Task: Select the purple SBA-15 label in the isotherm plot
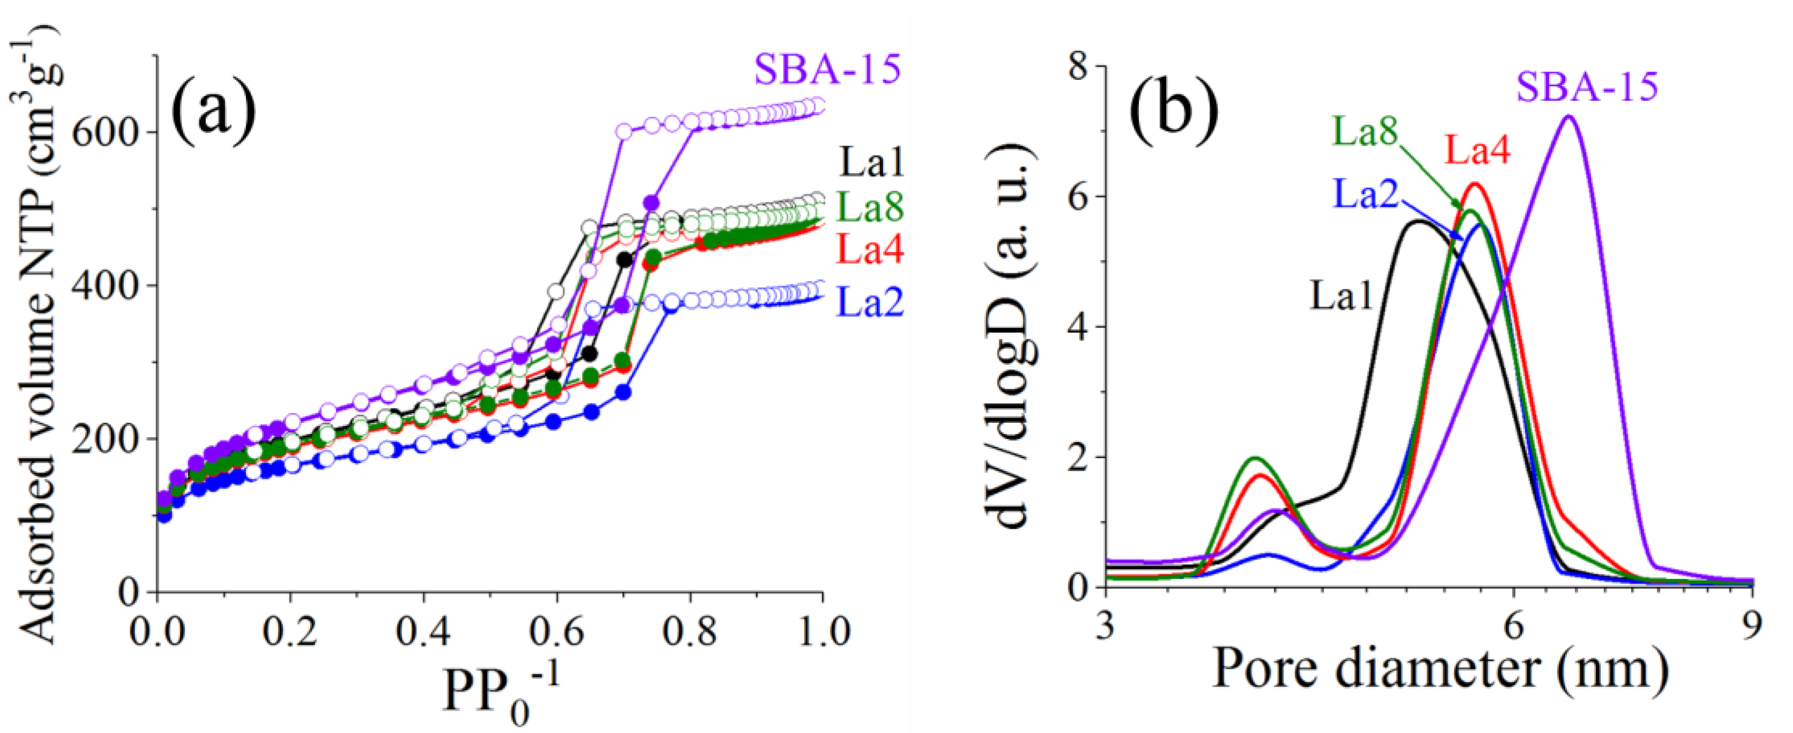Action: tap(827, 70)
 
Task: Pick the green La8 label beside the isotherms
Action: tap(870, 206)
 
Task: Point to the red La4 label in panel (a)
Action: tap(870, 249)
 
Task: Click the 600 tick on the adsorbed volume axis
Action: tap(104, 132)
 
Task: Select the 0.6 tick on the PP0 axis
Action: tap(556, 632)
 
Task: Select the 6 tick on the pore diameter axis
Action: tap(1513, 624)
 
